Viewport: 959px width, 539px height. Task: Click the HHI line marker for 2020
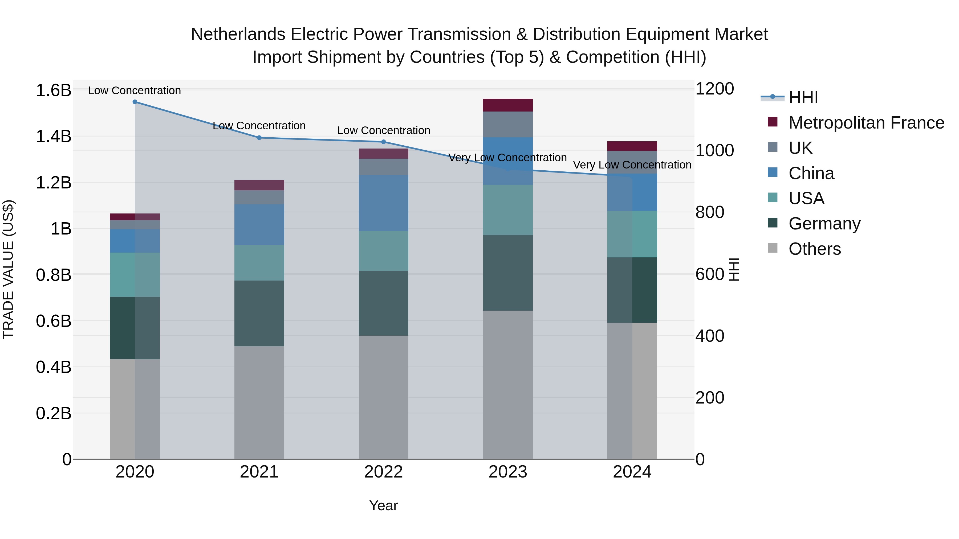135,102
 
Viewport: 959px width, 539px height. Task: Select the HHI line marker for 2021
259,138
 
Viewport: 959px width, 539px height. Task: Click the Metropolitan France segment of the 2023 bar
507,105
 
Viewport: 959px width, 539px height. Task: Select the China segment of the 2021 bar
259,224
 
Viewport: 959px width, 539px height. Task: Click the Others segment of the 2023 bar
507,385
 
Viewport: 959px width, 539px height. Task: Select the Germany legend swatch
773,223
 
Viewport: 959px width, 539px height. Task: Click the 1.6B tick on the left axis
53,90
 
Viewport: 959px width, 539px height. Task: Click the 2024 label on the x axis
632,472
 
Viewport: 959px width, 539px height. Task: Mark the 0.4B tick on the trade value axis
53,367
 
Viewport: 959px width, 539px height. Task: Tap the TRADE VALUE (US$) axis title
8,269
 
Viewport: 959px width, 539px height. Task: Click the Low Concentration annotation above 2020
135,90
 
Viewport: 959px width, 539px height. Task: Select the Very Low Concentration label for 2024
632,165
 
